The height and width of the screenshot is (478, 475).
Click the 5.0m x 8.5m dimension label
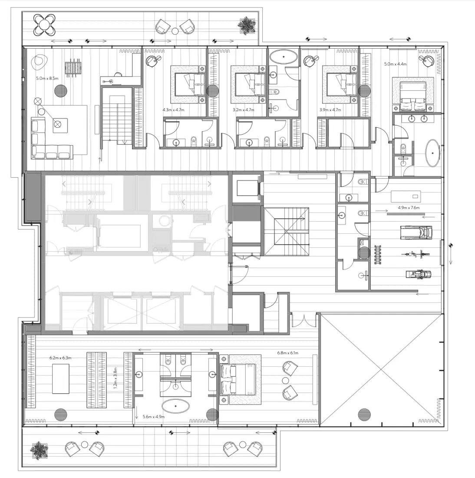pyautogui.click(x=47, y=79)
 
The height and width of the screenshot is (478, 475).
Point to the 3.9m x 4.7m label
pyautogui.click(x=330, y=110)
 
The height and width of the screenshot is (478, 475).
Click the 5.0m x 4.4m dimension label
pyautogui.click(x=395, y=64)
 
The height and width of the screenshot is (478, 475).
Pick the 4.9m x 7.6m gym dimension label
pyautogui.click(x=409, y=208)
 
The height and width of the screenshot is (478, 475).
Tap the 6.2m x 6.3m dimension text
pyautogui.click(x=60, y=358)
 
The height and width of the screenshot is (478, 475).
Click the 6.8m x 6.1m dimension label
pyautogui.click(x=288, y=353)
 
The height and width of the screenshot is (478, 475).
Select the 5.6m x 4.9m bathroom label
pyautogui.click(x=154, y=417)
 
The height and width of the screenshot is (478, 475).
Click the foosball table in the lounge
pyautogui.click(x=73, y=68)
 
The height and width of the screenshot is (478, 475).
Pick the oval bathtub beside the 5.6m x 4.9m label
pyautogui.click(x=176, y=406)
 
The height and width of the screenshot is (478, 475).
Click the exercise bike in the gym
pyautogui.click(x=414, y=254)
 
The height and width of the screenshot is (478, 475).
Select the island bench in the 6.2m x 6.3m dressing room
pyautogui.click(x=61, y=378)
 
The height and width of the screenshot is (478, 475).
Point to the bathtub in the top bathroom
pyautogui.click(x=283, y=56)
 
